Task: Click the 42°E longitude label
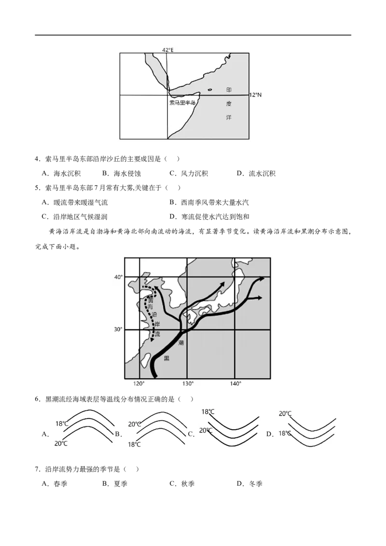click(167, 50)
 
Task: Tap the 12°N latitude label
click(255, 95)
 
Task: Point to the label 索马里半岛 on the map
click(182, 103)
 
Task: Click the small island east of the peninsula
click(210, 90)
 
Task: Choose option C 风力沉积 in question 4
click(189, 174)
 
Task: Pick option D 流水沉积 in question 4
click(256, 174)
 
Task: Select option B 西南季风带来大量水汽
click(209, 202)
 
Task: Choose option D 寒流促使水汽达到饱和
click(209, 217)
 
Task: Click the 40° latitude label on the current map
click(118, 277)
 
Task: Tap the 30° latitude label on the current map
click(118, 329)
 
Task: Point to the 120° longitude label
click(139, 383)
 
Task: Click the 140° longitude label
click(235, 383)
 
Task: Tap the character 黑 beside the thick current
click(166, 358)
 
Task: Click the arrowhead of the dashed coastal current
click(152, 340)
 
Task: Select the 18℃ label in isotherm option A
click(62, 423)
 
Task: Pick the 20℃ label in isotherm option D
click(285, 413)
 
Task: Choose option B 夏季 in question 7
click(115, 484)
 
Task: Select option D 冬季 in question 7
click(249, 484)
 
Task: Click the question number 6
click(38, 399)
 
